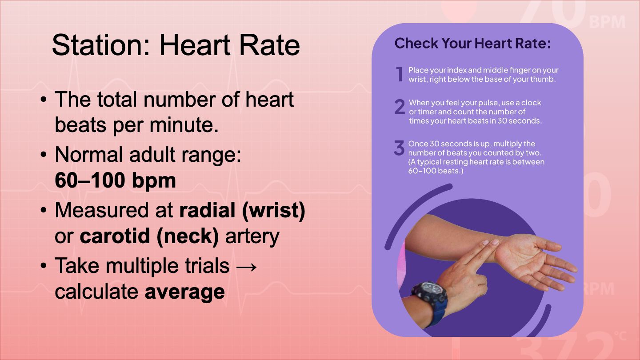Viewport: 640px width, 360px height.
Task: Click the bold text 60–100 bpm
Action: click(x=115, y=180)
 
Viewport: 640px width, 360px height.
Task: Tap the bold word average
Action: click(x=184, y=292)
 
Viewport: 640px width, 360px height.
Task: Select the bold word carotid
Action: click(x=115, y=236)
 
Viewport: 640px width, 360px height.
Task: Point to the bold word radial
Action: click(x=208, y=210)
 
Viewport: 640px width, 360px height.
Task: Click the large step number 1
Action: click(x=400, y=74)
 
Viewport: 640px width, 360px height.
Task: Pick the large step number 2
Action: click(x=400, y=107)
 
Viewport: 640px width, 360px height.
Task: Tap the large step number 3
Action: click(x=399, y=148)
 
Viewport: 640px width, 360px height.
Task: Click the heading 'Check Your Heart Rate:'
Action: click(x=472, y=44)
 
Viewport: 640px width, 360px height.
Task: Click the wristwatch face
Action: click(x=428, y=289)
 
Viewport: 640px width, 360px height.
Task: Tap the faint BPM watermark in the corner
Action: click(x=607, y=22)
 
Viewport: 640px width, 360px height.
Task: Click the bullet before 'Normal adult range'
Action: click(x=44, y=155)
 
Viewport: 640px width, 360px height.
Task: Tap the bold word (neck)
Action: click(x=188, y=236)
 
